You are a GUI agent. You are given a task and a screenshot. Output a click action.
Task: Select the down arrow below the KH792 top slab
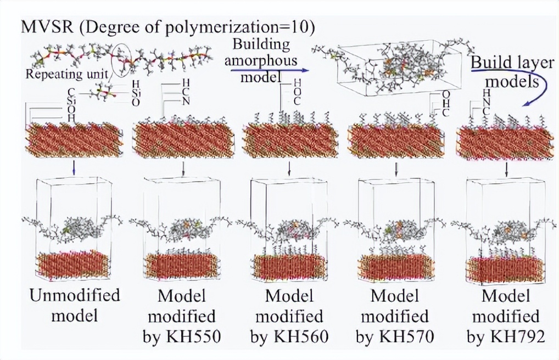pyautogui.click(x=506, y=167)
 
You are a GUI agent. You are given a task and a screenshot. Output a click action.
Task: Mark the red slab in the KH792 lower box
pyautogui.click(x=505, y=269)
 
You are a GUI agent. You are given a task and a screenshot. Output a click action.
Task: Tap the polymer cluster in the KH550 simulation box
pyautogui.click(x=184, y=229)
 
